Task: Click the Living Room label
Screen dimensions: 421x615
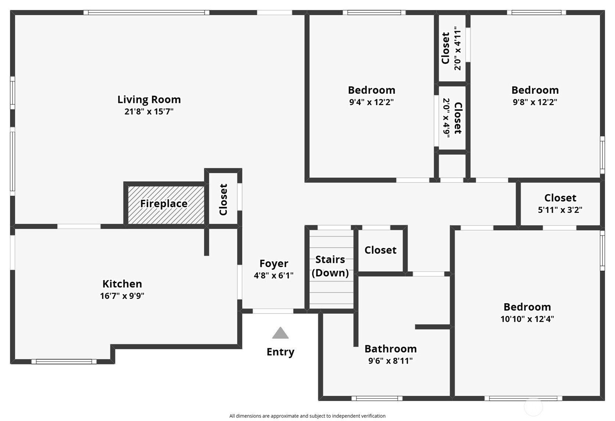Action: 149,99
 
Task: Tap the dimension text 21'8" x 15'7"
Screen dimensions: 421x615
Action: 149,111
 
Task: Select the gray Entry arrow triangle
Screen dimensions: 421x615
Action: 280,333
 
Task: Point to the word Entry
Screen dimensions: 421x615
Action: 280,352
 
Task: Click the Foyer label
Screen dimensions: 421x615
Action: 274,263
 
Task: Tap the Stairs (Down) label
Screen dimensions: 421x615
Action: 330,266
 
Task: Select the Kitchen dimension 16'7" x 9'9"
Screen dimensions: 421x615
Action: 122,296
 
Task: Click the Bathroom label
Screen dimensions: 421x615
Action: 391,349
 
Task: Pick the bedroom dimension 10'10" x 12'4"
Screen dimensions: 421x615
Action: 527,319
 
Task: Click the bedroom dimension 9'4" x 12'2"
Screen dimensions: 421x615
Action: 371,102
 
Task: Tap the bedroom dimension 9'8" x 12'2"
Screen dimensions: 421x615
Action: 535,102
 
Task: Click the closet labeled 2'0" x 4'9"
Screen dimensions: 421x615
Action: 452,118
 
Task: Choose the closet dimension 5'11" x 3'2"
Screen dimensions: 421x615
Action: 560,210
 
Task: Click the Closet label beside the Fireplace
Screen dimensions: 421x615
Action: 223,200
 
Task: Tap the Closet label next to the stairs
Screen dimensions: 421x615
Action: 380,250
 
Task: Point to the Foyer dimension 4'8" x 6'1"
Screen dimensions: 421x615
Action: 274,275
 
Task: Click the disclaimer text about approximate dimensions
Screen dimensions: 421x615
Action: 307,416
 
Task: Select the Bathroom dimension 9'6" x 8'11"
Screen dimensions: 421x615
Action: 391,361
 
